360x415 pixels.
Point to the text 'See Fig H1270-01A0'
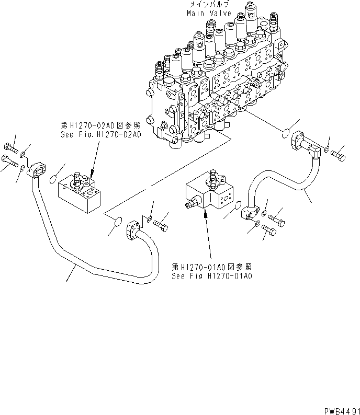click(x=211, y=275)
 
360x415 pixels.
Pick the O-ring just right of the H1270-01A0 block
click(x=238, y=206)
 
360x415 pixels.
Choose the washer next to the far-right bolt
click(x=327, y=152)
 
